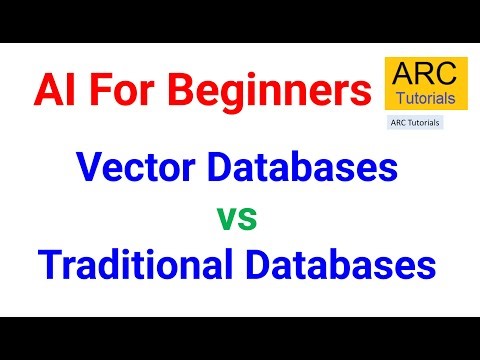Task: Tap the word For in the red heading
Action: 113,91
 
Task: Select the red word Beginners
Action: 262,92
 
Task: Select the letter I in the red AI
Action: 68,91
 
